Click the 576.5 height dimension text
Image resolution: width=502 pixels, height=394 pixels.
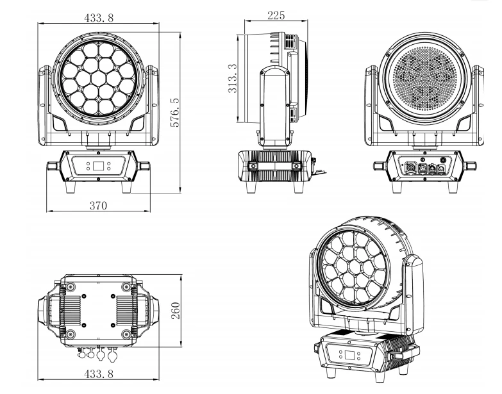pos(174,113)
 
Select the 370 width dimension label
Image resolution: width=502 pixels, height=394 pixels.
pos(98,205)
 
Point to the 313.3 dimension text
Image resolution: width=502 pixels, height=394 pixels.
pos(232,78)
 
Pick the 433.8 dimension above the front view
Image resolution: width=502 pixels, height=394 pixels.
pos(99,18)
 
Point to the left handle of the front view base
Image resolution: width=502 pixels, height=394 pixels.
pos(53,166)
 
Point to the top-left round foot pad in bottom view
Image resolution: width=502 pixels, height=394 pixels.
pos(71,285)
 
